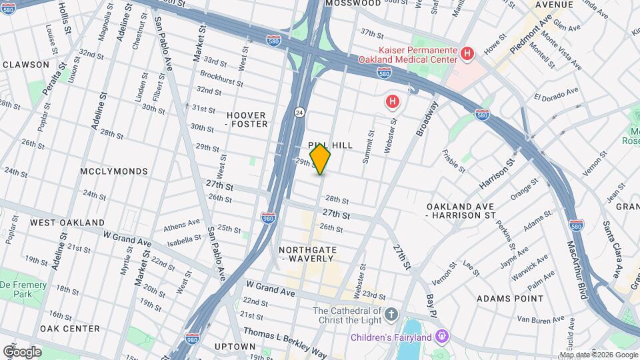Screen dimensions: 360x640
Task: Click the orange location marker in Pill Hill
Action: tap(320, 159)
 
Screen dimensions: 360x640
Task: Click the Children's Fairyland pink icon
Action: tap(441, 336)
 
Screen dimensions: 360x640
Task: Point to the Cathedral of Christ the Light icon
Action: tap(391, 313)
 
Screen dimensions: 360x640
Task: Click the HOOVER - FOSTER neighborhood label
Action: tap(247, 119)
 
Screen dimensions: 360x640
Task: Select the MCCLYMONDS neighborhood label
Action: tap(114, 171)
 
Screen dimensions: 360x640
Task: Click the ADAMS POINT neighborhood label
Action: tap(510, 299)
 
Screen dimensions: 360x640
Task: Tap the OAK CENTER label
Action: tap(69, 329)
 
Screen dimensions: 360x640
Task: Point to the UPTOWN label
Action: tap(235, 347)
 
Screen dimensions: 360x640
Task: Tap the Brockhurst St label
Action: tap(221, 78)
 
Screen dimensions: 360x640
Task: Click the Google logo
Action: tap(22, 352)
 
